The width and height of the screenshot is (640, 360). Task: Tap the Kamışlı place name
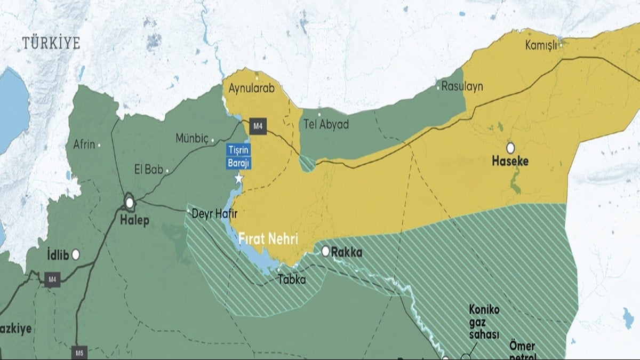pyautogui.click(x=541, y=45)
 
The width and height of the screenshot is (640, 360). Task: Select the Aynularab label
pyautogui.click(x=251, y=89)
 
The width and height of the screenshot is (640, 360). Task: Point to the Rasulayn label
pyautogui.click(x=462, y=86)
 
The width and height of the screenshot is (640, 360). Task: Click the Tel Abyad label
pyautogui.click(x=326, y=125)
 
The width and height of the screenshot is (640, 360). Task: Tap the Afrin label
pyautogui.click(x=84, y=144)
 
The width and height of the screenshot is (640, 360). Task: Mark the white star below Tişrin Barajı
pyautogui.click(x=239, y=179)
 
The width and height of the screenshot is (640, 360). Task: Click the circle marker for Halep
pyautogui.click(x=129, y=202)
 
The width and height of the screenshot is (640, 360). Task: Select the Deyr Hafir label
pyautogui.click(x=214, y=213)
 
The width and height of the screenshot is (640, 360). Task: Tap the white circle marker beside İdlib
pyautogui.click(x=76, y=255)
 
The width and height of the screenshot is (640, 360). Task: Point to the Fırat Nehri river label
pyautogui.click(x=268, y=238)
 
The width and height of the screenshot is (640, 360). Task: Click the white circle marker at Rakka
pyautogui.click(x=325, y=251)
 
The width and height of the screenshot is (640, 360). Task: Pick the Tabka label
pyautogui.click(x=291, y=279)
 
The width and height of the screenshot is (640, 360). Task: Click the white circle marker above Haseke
pyautogui.click(x=510, y=148)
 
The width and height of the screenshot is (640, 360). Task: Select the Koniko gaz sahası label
pyautogui.click(x=484, y=322)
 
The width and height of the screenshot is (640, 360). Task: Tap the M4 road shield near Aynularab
pyautogui.click(x=258, y=126)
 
